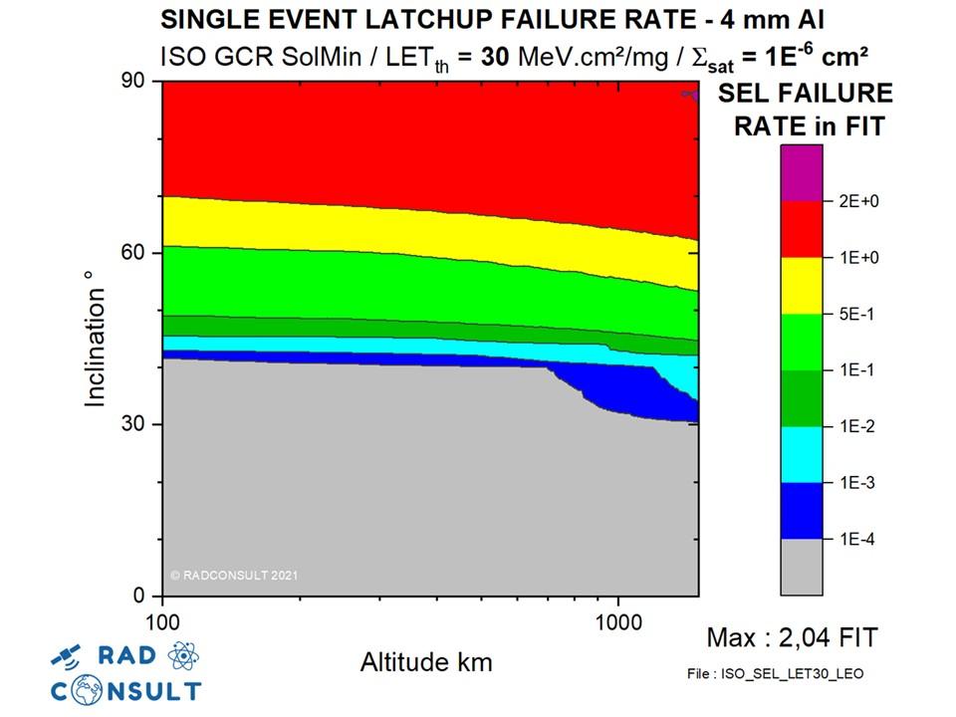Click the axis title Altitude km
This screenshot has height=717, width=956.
pos(425,661)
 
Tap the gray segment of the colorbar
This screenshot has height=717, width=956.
pos(802,567)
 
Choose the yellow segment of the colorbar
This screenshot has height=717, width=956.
pos(802,286)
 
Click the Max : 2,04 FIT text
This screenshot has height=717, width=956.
pos(792,637)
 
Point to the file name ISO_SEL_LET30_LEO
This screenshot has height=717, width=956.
pos(776,674)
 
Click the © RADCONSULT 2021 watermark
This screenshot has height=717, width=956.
pos(234,575)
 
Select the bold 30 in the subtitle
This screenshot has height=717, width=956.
pos(494,56)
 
